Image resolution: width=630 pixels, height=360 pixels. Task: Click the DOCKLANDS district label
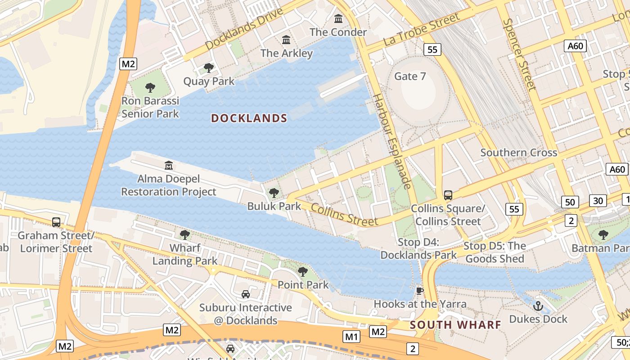[249, 118]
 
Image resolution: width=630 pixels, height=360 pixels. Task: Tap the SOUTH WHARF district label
[455, 325]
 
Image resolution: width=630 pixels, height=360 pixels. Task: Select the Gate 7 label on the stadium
[409, 76]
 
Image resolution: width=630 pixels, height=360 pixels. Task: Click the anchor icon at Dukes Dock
[538, 306]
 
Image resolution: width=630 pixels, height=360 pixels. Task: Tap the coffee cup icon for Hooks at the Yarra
[419, 291]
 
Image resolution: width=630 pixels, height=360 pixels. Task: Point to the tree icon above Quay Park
[208, 68]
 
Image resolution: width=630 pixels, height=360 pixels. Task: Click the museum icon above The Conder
[338, 19]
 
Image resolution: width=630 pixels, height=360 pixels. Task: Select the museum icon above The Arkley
[286, 40]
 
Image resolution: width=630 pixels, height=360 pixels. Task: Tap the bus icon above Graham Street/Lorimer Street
[56, 222]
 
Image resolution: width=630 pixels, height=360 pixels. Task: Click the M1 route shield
[351, 336]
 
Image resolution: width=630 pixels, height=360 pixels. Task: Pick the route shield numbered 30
[598, 201]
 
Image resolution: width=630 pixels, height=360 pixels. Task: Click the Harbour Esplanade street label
[392, 141]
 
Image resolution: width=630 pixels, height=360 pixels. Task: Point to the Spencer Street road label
[520, 54]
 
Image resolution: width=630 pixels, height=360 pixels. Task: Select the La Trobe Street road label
[421, 29]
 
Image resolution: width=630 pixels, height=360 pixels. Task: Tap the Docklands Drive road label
[244, 29]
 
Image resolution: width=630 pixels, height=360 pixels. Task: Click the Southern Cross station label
[518, 153]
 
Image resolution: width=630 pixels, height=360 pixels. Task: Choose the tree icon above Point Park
[303, 271]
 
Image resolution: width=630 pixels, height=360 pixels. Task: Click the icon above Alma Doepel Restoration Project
[169, 166]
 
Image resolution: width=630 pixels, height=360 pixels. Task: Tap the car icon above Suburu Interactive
[246, 294]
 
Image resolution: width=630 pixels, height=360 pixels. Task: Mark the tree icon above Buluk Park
[274, 193]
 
